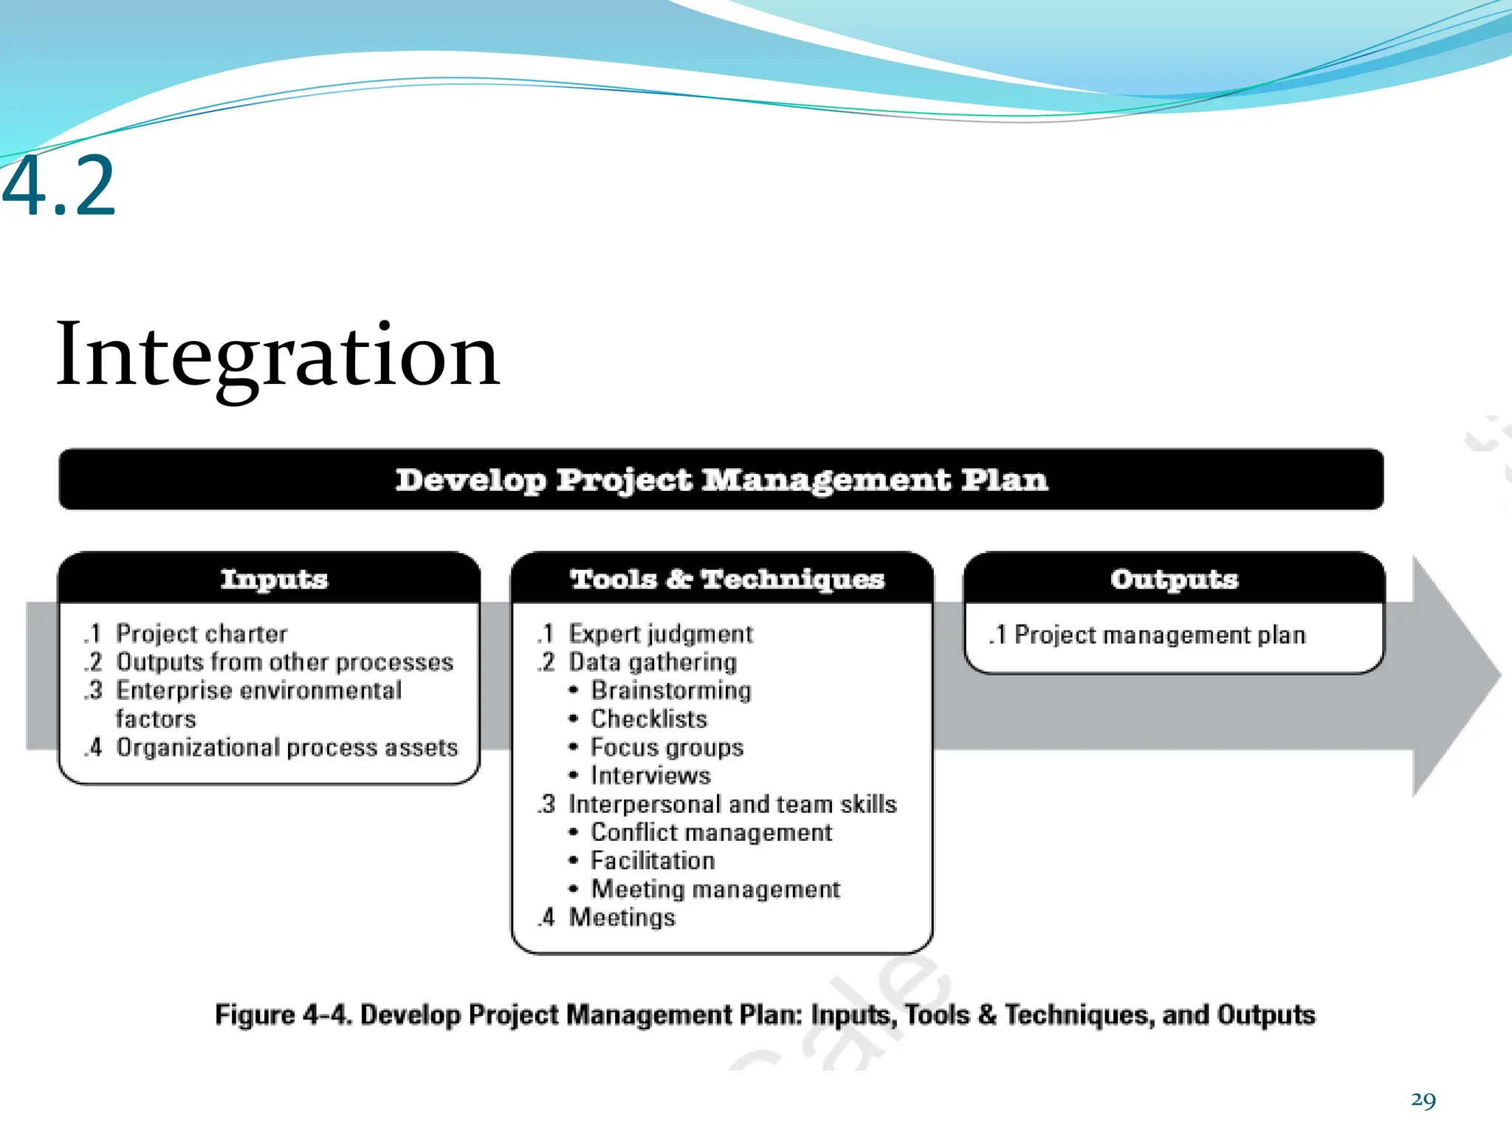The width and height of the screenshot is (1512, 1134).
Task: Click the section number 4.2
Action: point(59,186)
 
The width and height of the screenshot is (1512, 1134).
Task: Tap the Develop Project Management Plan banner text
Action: point(721,480)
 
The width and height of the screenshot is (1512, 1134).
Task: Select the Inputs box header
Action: point(273,579)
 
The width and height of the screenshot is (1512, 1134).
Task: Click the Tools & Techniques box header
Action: point(726,579)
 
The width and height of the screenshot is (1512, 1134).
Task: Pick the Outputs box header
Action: point(1174,579)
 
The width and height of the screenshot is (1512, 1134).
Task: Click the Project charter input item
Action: point(201,633)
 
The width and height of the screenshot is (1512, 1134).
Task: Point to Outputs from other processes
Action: point(284,662)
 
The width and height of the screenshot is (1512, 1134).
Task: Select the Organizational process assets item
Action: point(286,747)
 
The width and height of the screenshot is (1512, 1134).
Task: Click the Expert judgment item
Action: point(660,633)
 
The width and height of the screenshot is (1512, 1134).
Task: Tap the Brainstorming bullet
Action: point(670,690)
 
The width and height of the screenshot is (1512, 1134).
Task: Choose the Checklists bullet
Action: point(648,718)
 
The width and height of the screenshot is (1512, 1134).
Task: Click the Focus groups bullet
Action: point(666,747)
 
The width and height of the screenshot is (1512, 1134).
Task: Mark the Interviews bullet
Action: point(650,775)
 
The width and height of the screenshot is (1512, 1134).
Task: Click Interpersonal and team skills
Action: point(732,804)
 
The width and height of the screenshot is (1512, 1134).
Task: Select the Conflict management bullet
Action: point(710,832)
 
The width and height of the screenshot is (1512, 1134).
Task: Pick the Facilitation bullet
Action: point(652,861)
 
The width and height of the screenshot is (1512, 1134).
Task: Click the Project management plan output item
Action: point(1159,635)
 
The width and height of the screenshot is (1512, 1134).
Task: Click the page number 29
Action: point(1423,1100)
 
